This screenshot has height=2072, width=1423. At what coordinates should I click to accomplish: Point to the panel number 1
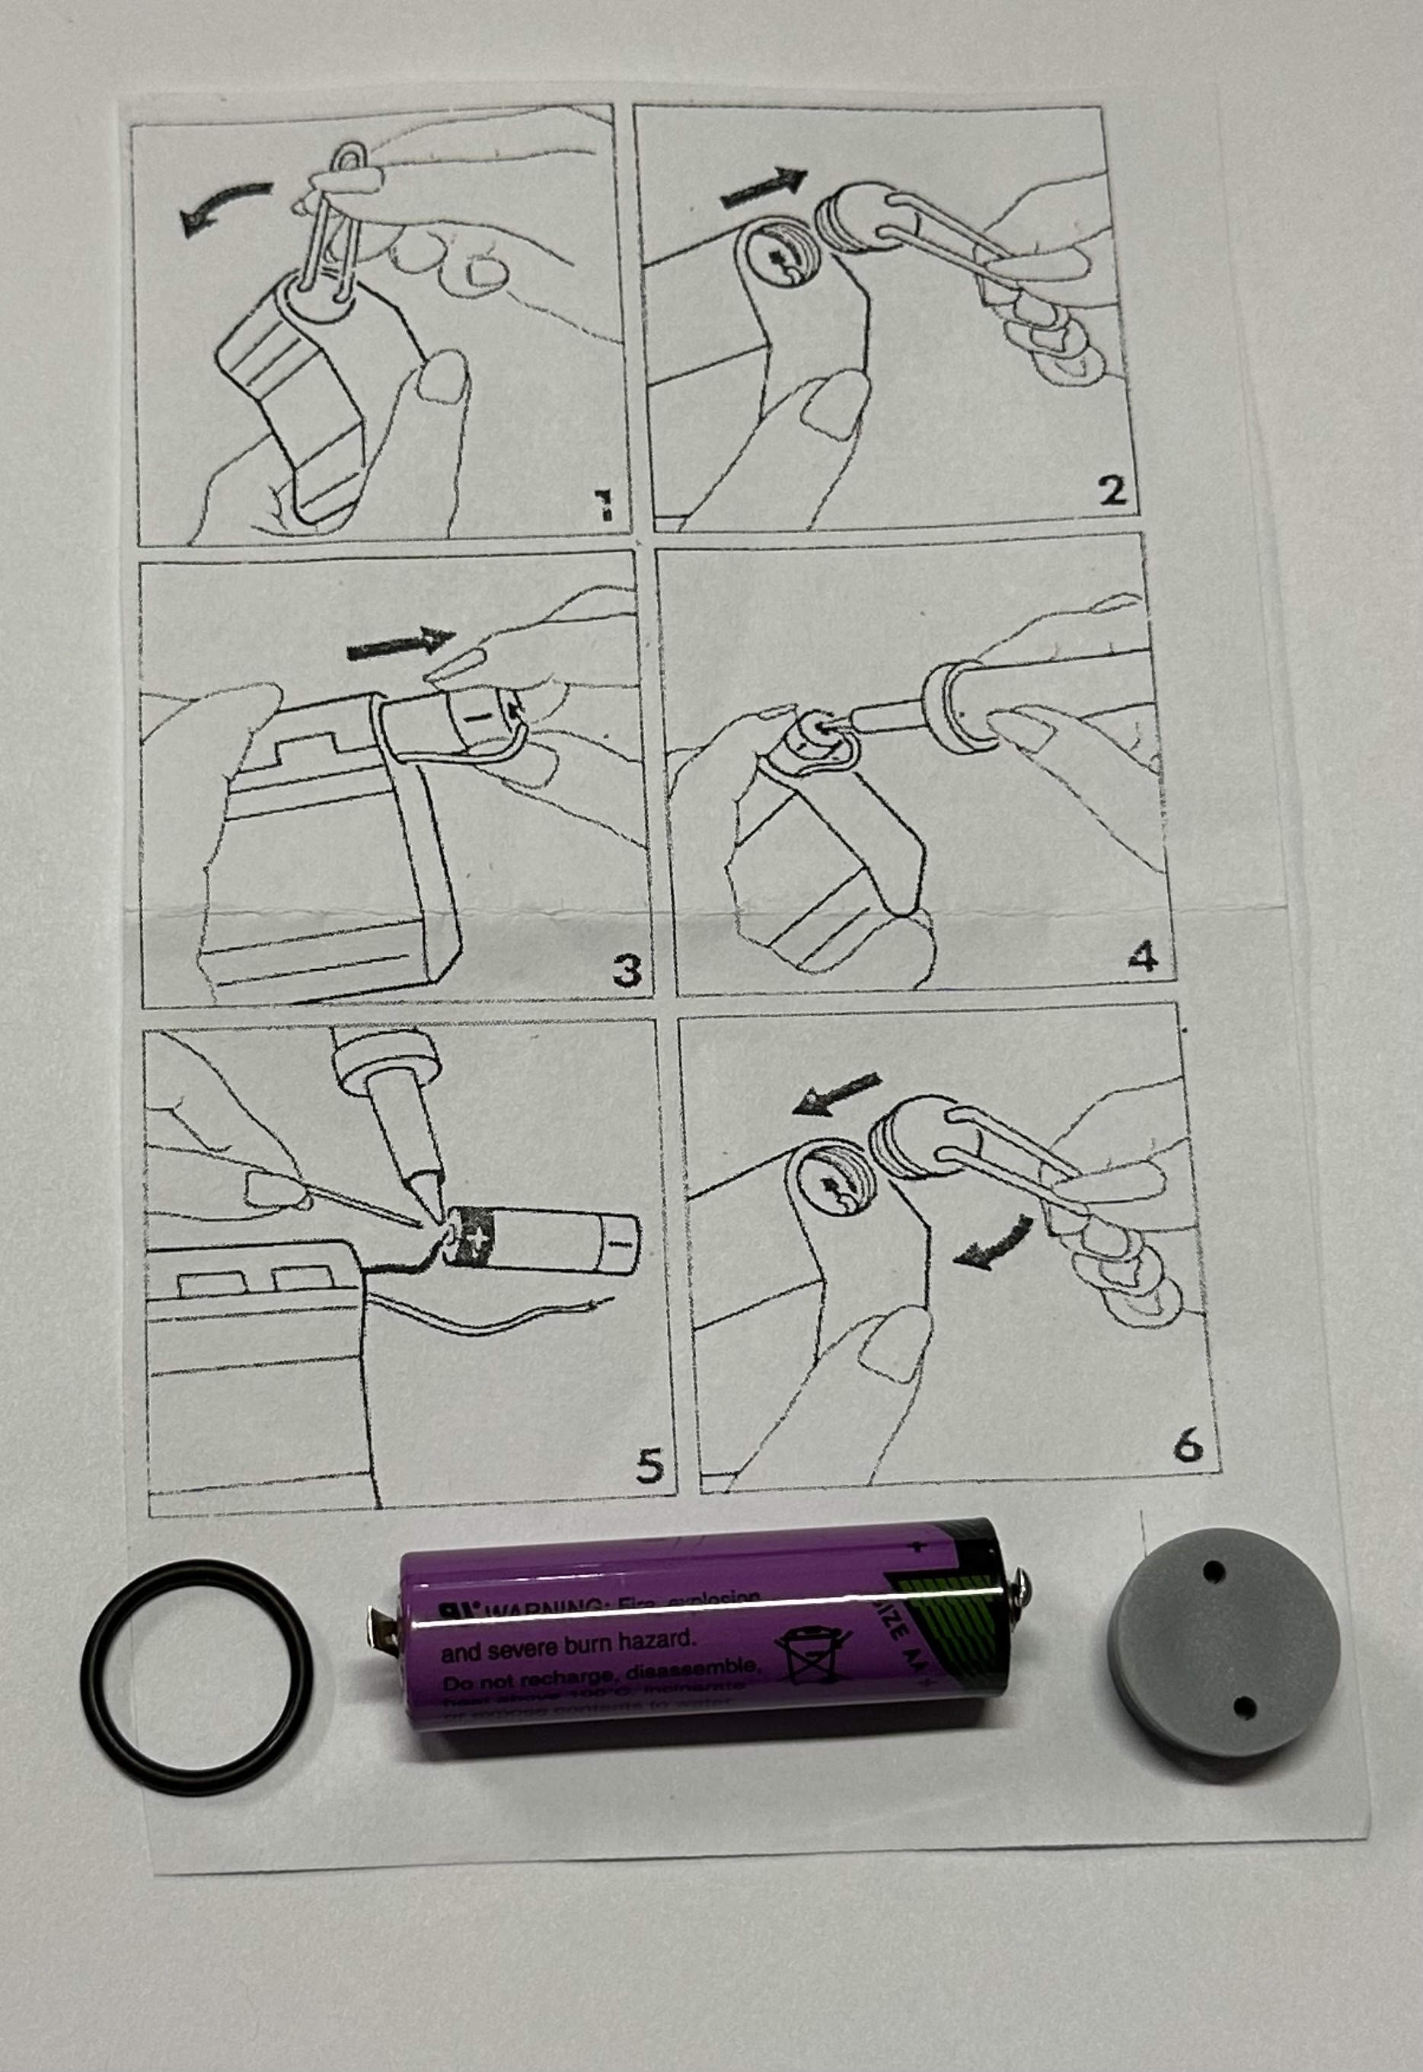pyautogui.click(x=604, y=506)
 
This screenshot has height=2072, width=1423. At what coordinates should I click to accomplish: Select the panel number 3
pyautogui.click(x=627, y=971)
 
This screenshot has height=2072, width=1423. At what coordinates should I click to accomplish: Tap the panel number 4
pyautogui.click(x=1142, y=957)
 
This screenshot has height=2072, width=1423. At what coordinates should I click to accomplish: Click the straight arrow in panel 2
pyautogui.click(x=763, y=188)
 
